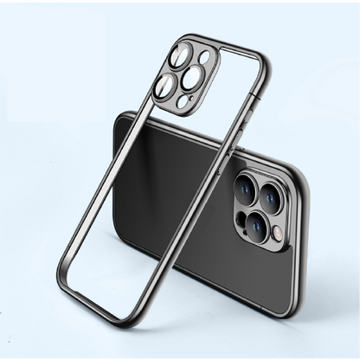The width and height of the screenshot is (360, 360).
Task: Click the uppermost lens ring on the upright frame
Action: [x=181, y=57]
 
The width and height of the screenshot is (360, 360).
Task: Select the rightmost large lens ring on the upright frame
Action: [x=193, y=78]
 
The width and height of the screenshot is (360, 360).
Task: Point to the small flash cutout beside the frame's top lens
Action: [x=204, y=57]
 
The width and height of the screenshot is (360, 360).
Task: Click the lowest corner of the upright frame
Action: [x=128, y=322]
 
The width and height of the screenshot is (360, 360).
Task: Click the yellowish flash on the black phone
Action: [x=276, y=233]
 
